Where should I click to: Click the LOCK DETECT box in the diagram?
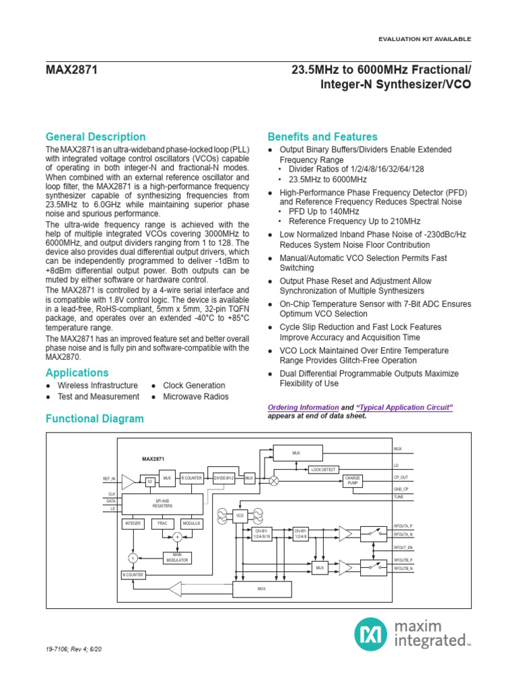(323, 469)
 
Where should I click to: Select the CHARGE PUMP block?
(353, 480)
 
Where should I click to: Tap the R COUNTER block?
(191, 478)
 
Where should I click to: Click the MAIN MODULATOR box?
(177, 558)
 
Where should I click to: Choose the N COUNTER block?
(133, 575)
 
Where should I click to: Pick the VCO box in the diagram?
(240, 516)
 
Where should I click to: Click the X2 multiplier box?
(150, 482)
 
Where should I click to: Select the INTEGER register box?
(133, 523)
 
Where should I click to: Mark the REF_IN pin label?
(109, 478)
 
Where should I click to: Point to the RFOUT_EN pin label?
(404, 548)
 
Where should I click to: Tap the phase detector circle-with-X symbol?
(274, 481)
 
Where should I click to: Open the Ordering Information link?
(303, 408)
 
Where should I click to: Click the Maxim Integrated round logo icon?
(370, 634)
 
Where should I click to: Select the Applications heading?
(77, 373)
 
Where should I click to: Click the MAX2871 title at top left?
(72, 69)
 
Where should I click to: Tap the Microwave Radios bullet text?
(196, 396)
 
